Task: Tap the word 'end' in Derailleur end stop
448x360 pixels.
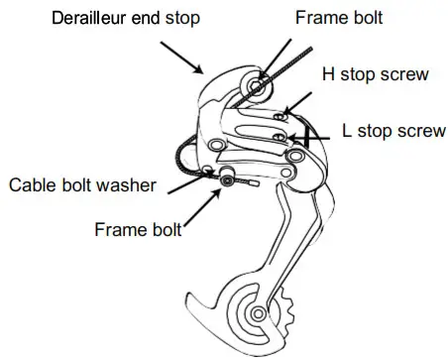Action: click(x=145, y=17)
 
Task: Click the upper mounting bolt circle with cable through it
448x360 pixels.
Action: click(x=257, y=87)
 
